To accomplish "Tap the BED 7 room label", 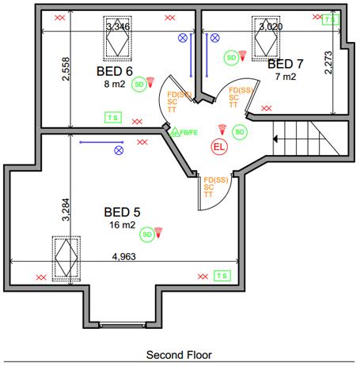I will click(285, 63).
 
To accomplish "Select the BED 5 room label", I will click(122, 212).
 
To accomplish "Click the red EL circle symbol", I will click(219, 146).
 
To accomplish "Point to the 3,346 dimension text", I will click(118, 27).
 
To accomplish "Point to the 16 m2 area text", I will click(123, 225).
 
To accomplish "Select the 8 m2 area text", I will click(115, 82).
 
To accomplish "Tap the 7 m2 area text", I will click(285, 77).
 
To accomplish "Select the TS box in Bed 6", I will click(114, 117).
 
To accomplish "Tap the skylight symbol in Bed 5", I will click(67, 258).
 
